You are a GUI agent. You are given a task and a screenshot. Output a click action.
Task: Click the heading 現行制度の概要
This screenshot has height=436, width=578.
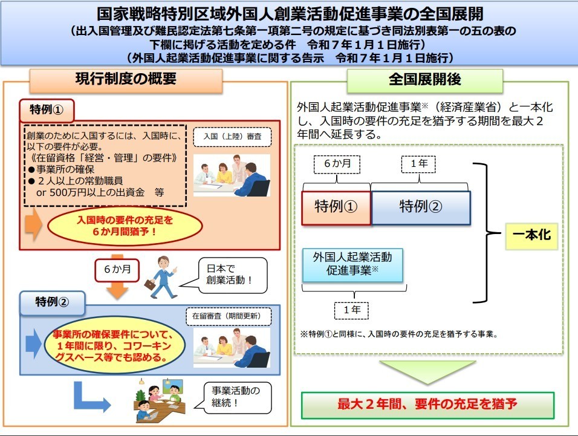(x=126, y=79)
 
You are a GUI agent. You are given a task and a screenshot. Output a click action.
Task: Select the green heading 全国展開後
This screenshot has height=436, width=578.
(x=424, y=80)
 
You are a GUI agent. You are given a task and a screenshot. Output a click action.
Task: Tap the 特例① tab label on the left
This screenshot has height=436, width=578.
(x=47, y=110)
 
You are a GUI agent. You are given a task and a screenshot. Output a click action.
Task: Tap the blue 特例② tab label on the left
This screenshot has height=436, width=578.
(x=53, y=302)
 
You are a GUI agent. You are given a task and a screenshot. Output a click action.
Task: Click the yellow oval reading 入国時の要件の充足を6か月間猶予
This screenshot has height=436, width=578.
(x=125, y=226)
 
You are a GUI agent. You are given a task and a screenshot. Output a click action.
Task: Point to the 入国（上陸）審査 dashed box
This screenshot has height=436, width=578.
(x=232, y=137)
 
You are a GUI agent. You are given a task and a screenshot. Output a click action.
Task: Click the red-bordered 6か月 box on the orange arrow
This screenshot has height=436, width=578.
(x=117, y=270)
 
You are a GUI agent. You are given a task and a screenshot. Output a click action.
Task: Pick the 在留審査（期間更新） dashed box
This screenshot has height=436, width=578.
(x=229, y=317)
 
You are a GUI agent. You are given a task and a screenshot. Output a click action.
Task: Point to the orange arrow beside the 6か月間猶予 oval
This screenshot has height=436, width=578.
(x=33, y=224)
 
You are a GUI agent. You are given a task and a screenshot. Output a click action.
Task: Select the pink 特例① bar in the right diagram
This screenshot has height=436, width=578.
(x=336, y=207)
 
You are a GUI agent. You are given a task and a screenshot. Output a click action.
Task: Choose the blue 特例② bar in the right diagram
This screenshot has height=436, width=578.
(x=421, y=207)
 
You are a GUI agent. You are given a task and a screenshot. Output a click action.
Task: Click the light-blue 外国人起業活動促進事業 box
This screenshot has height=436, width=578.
(x=352, y=265)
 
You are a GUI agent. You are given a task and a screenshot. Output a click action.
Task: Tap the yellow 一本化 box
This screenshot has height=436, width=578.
(x=531, y=236)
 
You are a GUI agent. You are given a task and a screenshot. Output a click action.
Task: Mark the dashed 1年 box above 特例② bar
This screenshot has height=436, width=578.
(x=418, y=164)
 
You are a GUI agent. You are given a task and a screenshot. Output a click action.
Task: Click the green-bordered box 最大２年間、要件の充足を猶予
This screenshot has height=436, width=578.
(x=427, y=405)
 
